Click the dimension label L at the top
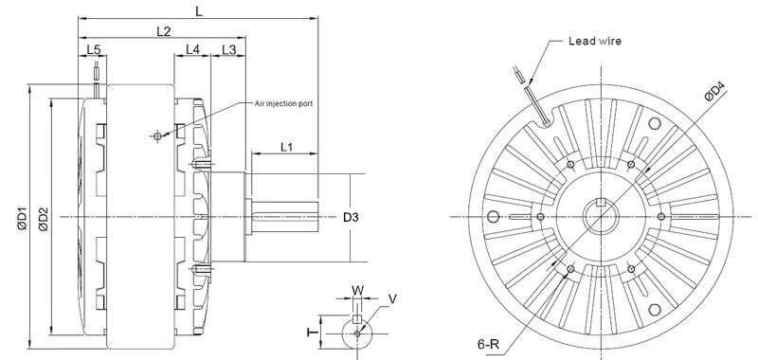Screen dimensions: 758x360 tap(199, 11)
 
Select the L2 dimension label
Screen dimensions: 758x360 tap(164, 31)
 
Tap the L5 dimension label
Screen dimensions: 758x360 tap(94, 49)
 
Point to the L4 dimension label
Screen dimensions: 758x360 tap(192, 49)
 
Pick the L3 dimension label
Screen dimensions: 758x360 tap(228, 49)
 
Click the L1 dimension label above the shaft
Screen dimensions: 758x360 tap(287, 147)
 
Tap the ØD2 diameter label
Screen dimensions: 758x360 tap(44, 219)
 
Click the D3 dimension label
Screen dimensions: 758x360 tap(351, 218)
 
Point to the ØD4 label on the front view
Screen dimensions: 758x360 tap(715, 92)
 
